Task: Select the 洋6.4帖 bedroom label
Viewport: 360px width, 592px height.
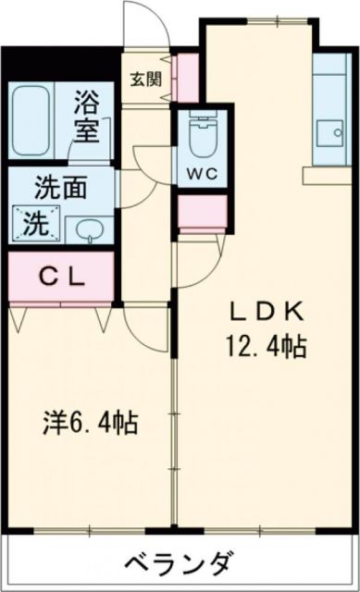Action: coord(90,424)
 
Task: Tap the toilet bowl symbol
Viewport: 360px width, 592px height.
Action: coord(198,137)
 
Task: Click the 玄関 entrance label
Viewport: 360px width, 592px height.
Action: coord(143,80)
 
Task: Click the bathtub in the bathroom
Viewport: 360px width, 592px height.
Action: coord(30,120)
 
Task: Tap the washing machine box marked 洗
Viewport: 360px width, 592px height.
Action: coord(34,222)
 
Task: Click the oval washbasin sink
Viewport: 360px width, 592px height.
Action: coord(88,228)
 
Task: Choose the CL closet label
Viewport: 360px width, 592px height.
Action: coord(62,275)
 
